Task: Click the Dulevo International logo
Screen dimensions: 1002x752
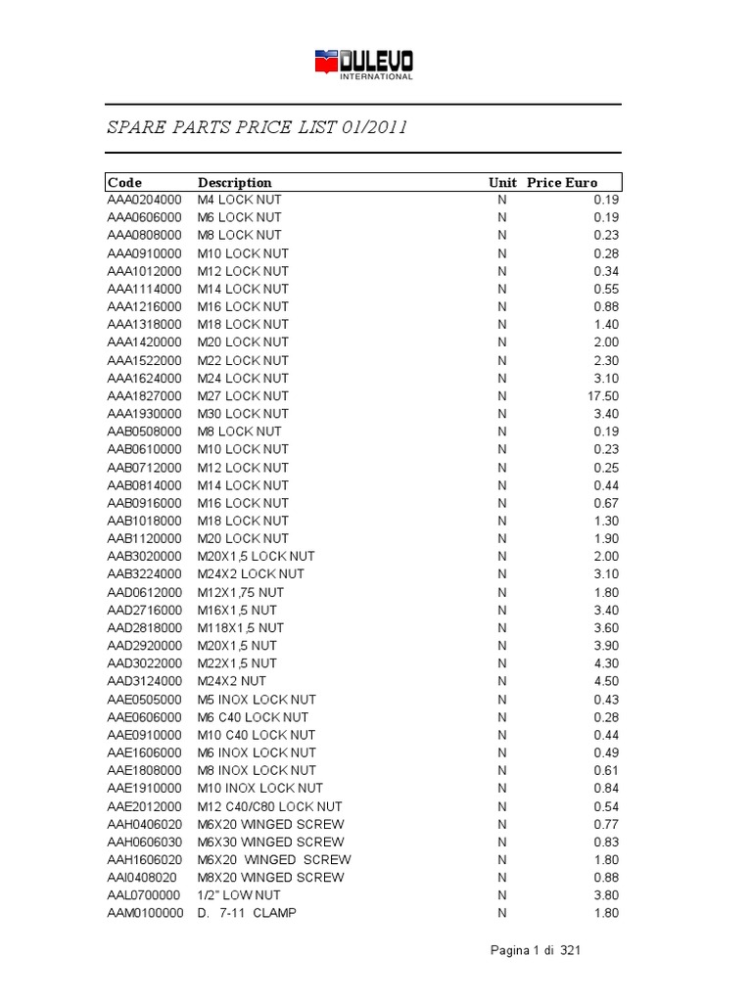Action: [x=363, y=65]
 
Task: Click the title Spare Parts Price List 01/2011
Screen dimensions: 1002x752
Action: [x=257, y=128]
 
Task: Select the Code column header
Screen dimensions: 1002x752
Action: [x=124, y=182]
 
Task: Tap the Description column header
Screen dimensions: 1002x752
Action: [x=235, y=182]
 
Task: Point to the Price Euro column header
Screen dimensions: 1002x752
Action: [x=561, y=182]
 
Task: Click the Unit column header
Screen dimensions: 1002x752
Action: [x=502, y=182]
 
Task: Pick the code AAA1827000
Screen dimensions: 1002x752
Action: [x=144, y=396]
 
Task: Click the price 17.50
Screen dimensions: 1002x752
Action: [x=603, y=396]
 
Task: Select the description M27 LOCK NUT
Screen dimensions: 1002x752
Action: [x=243, y=396]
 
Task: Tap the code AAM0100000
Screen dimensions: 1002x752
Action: [x=145, y=913]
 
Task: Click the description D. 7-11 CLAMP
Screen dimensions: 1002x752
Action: [x=247, y=913]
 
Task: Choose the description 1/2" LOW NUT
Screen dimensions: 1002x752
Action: [x=239, y=895]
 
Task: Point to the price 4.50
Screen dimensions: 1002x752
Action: [x=606, y=681]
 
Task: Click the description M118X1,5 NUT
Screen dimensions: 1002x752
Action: [x=241, y=627]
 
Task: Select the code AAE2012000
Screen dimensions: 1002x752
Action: [x=144, y=806]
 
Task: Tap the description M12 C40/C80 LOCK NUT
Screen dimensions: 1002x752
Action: [x=270, y=806]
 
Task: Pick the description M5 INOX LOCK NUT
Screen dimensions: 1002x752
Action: [x=257, y=700]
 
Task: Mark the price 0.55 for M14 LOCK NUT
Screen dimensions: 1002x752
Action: [x=606, y=289]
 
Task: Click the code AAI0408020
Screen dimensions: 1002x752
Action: [x=142, y=878]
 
